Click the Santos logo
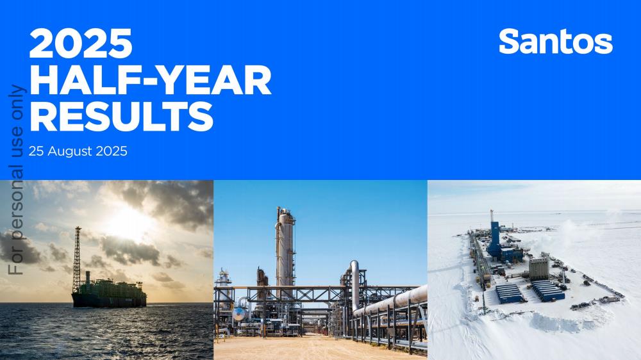(556, 41)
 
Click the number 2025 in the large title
(81, 44)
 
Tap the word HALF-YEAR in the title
(151, 80)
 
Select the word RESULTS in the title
(121, 116)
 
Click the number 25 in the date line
(36, 151)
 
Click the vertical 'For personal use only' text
(17, 180)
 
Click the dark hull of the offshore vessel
(109, 300)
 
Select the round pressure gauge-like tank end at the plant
(238, 315)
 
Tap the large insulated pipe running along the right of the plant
(390, 301)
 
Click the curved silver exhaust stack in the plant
(354, 284)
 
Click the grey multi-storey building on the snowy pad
(539, 268)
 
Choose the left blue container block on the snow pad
(510, 293)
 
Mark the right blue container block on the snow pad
(548, 290)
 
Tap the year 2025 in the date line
(112, 151)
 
